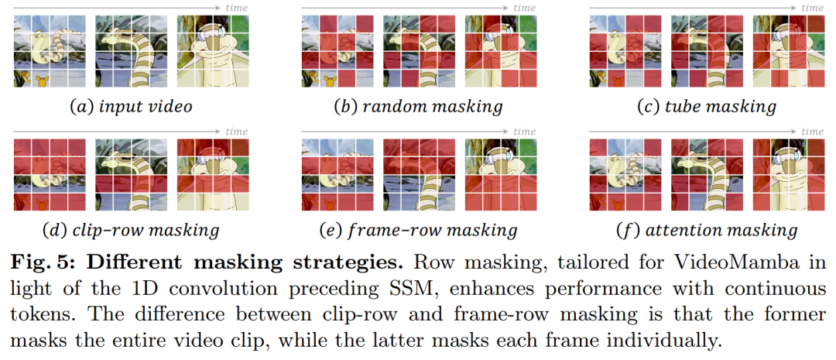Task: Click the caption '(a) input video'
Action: [x=131, y=107]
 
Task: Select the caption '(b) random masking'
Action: [x=418, y=107]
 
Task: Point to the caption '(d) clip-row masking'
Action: [x=132, y=230]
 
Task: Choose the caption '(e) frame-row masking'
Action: [x=418, y=230]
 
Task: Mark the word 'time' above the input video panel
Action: [x=236, y=8]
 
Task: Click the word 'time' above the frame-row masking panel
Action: [x=524, y=132]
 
